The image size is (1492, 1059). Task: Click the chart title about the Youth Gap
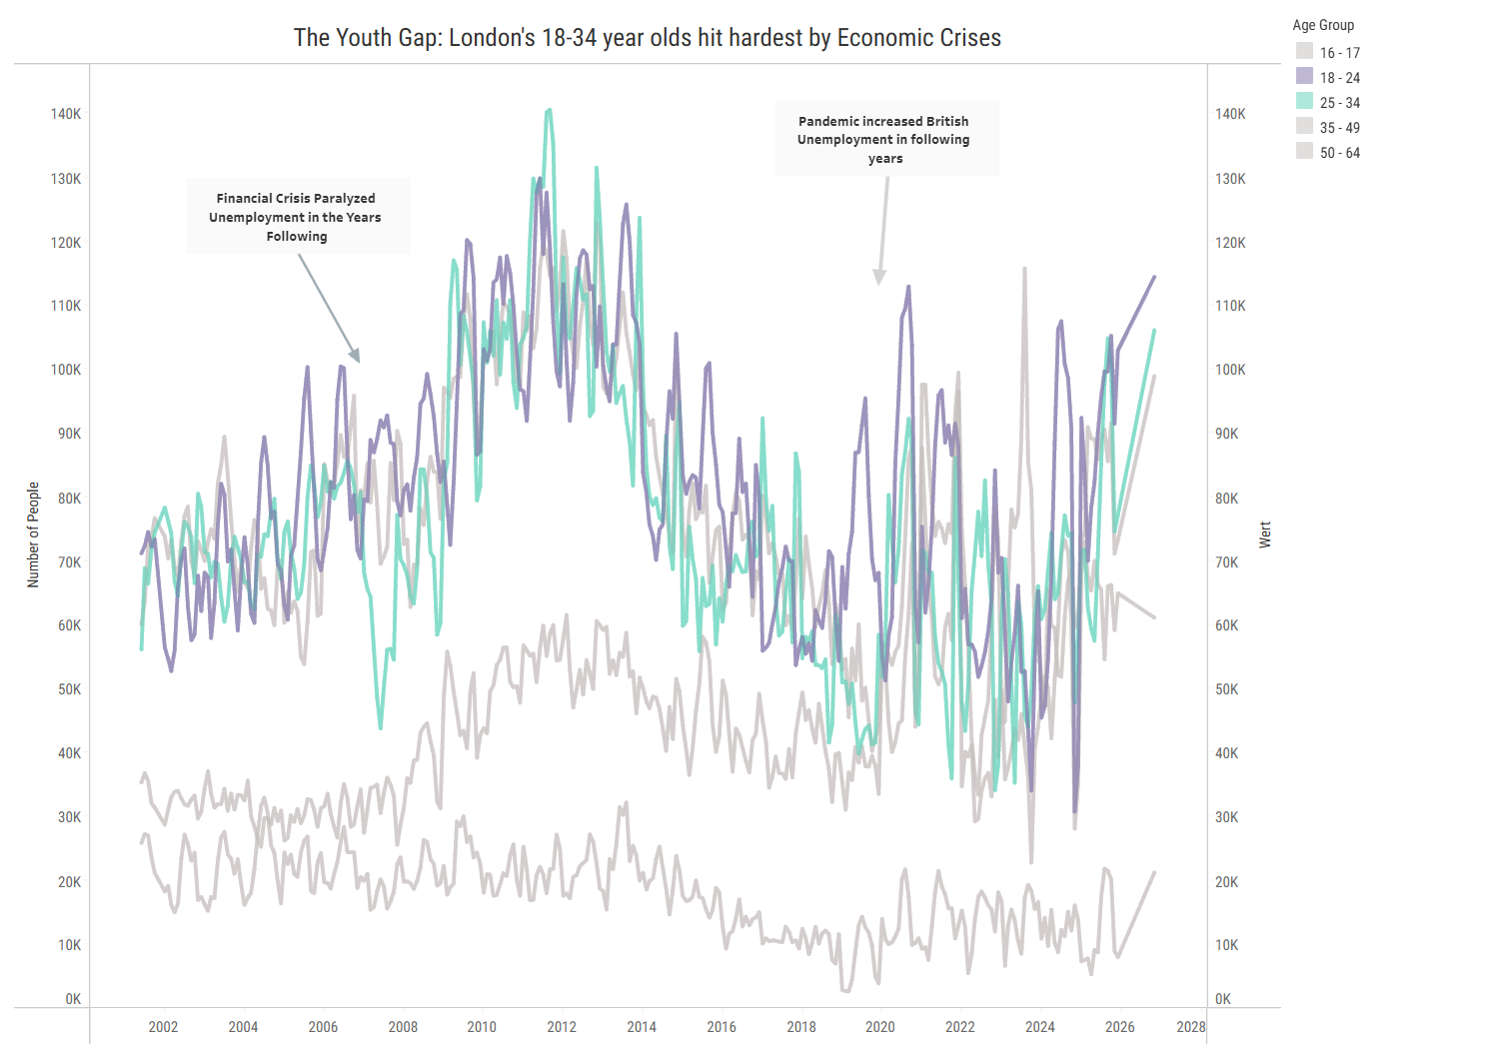647,38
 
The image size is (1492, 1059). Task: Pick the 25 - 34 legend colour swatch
1304,102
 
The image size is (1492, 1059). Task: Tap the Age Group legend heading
1323,25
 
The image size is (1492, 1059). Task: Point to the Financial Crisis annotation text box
297,217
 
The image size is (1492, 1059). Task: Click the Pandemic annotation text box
884,140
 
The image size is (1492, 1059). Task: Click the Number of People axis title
33,534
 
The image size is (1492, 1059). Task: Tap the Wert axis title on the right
1265,534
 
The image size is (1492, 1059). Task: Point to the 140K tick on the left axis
67,114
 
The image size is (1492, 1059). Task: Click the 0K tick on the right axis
1223,999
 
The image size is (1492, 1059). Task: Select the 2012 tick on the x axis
562,1027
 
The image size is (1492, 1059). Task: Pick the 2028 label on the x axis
1190,1027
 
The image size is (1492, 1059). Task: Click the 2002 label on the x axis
163,1027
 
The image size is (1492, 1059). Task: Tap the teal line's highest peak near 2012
549,110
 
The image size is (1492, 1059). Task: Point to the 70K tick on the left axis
69,562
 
